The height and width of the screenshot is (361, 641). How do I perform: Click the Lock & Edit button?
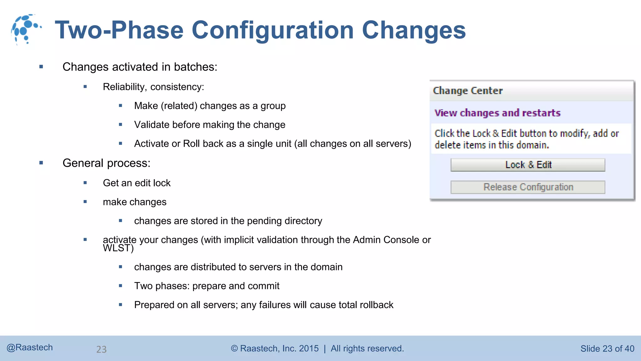[528, 165]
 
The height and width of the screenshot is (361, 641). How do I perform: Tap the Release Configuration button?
[528, 187]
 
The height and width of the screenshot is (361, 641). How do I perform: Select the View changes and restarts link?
[497, 113]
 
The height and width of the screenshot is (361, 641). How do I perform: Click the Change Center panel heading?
[468, 91]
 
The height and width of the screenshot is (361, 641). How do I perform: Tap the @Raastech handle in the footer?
[30, 348]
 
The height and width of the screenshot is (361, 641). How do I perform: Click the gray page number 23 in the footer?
[101, 349]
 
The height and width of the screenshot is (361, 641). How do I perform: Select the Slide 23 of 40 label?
[607, 348]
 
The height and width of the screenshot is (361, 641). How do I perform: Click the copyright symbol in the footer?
[234, 348]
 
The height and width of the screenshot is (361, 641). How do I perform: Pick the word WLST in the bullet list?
[116, 248]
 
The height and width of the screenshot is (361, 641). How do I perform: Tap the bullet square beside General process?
[41, 163]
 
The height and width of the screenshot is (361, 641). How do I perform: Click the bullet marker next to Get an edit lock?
[85, 183]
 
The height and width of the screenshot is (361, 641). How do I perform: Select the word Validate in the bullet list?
[152, 125]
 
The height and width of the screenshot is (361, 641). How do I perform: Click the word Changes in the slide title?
[414, 30]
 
